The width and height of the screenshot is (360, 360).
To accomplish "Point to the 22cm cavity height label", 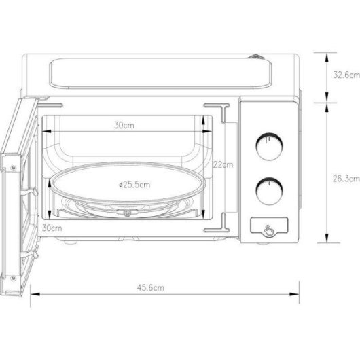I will click(223, 164).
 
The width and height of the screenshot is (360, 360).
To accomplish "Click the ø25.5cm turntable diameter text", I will click(134, 184).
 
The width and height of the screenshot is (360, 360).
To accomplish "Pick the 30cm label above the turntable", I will click(124, 125).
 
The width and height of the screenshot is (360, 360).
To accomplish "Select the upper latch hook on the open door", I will click(27, 194).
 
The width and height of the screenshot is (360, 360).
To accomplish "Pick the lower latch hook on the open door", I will click(27, 255).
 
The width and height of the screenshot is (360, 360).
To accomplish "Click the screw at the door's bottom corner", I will click(12, 276).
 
